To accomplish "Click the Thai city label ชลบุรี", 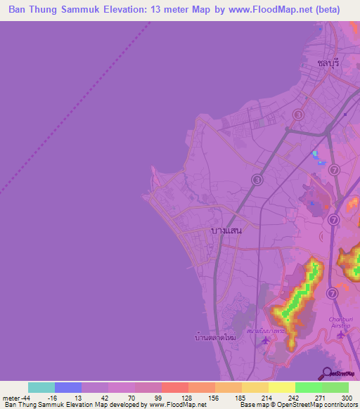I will (328, 63).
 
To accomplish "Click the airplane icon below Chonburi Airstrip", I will (342, 334).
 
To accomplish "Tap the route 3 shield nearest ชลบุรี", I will (299, 115).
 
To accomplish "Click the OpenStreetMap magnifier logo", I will (326, 372).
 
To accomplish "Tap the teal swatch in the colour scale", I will (41, 387).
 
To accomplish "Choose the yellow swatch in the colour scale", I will (281, 387).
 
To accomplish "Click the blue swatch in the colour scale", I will (68, 387).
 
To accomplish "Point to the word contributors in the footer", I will (339, 405).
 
